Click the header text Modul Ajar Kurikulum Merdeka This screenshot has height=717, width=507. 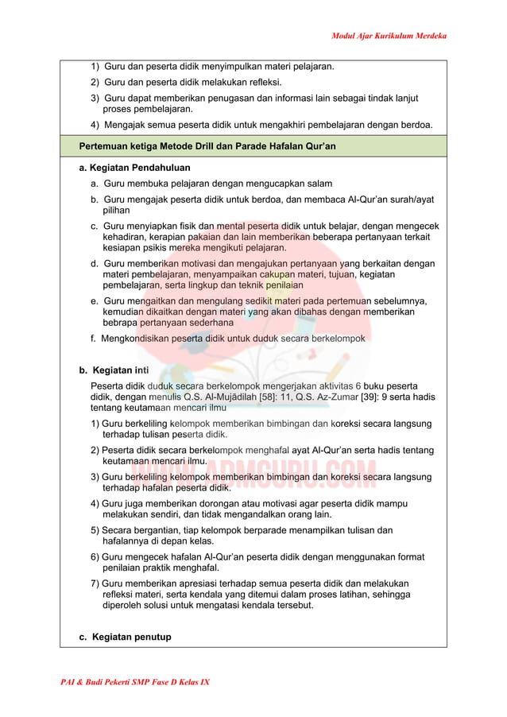click(389, 36)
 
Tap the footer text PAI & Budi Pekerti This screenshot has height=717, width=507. click(99, 682)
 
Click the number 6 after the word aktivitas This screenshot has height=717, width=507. click(358, 385)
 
